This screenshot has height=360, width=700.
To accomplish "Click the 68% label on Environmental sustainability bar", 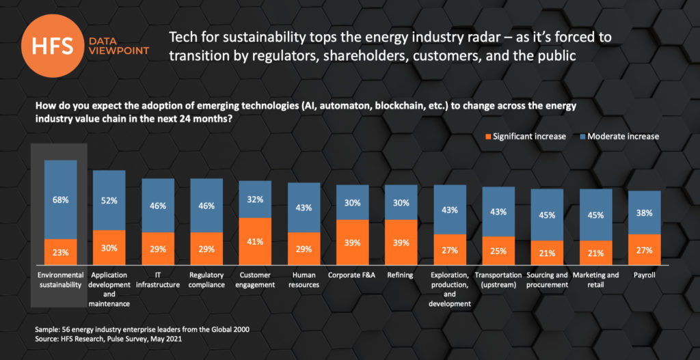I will pyautogui.click(x=61, y=200).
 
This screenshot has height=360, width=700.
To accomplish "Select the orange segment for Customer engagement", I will pyautogui.click(x=255, y=242).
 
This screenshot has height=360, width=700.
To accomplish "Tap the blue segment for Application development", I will pyautogui.click(x=109, y=200).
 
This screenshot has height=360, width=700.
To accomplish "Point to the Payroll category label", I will pyautogui.click(x=645, y=275).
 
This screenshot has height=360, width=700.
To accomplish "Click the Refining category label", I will pyautogui.click(x=401, y=275).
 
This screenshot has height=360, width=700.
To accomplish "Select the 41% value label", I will pyautogui.click(x=255, y=242).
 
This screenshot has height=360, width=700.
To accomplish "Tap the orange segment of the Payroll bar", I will pyautogui.click(x=645, y=250).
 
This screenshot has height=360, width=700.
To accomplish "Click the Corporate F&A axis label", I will pyautogui.click(x=352, y=275).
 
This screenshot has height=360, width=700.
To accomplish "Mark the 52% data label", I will pyautogui.click(x=109, y=200).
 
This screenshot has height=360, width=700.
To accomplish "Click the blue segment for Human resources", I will pyautogui.click(x=304, y=208).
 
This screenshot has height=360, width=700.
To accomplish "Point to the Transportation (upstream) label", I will pyautogui.click(x=498, y=280).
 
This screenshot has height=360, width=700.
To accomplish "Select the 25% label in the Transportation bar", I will pyautogui.click(x=498, y=251).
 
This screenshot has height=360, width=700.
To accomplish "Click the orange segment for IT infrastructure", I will pyautogui.click(x=158, y=249).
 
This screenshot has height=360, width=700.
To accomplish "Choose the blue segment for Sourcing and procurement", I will pyautogui.click(x=547, y=214).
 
